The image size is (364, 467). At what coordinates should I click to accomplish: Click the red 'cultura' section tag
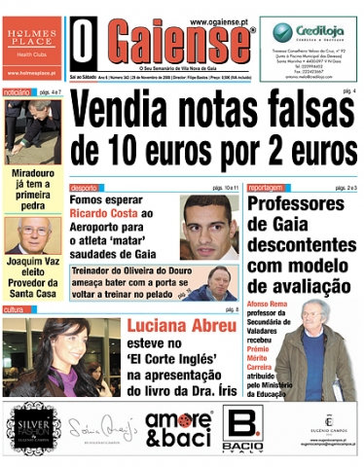[x=14, y=309]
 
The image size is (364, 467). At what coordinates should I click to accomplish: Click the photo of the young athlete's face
[x=208, y=227]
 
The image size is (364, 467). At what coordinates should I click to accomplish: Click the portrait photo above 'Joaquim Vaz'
[x=32, y=235]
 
